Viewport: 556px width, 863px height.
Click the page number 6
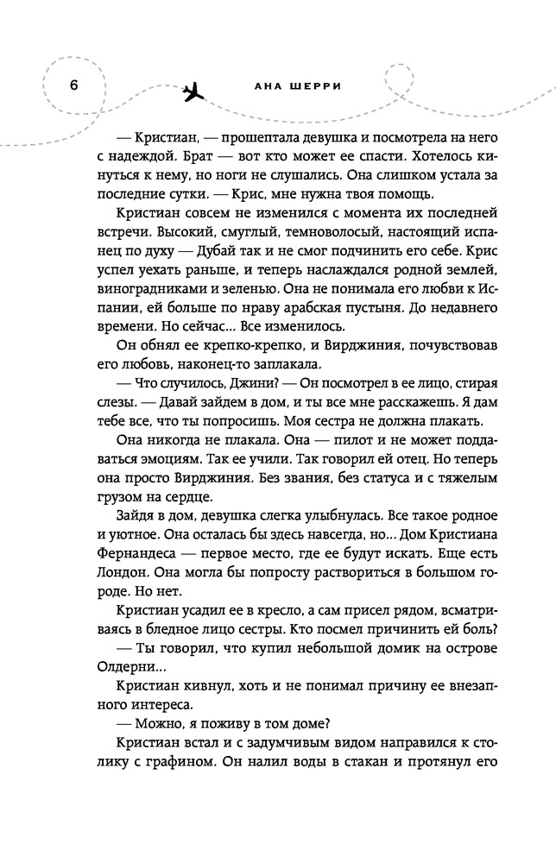(74, 86)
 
